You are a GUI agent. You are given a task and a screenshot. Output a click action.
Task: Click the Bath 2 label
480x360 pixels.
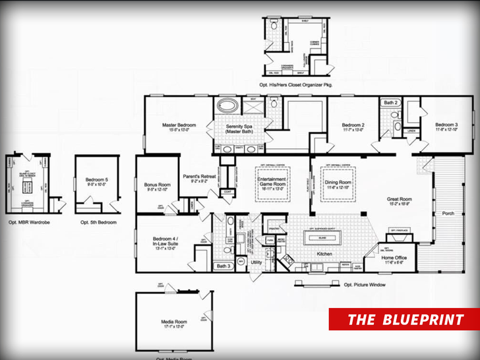point(391,103)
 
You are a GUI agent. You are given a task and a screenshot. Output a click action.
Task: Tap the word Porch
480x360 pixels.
point(448,213)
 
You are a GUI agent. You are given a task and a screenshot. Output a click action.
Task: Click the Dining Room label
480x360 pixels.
point(338,179)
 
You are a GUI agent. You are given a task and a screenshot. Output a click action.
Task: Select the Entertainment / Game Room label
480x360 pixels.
point(272,182)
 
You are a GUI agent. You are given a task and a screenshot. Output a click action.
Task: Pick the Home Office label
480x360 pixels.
point(394,257)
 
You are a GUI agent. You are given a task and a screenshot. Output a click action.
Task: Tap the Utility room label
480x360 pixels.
point(256,262)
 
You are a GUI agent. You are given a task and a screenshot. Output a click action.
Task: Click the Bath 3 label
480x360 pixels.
point(224,266)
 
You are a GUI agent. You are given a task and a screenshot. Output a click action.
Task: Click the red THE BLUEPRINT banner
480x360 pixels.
point(405,320)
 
